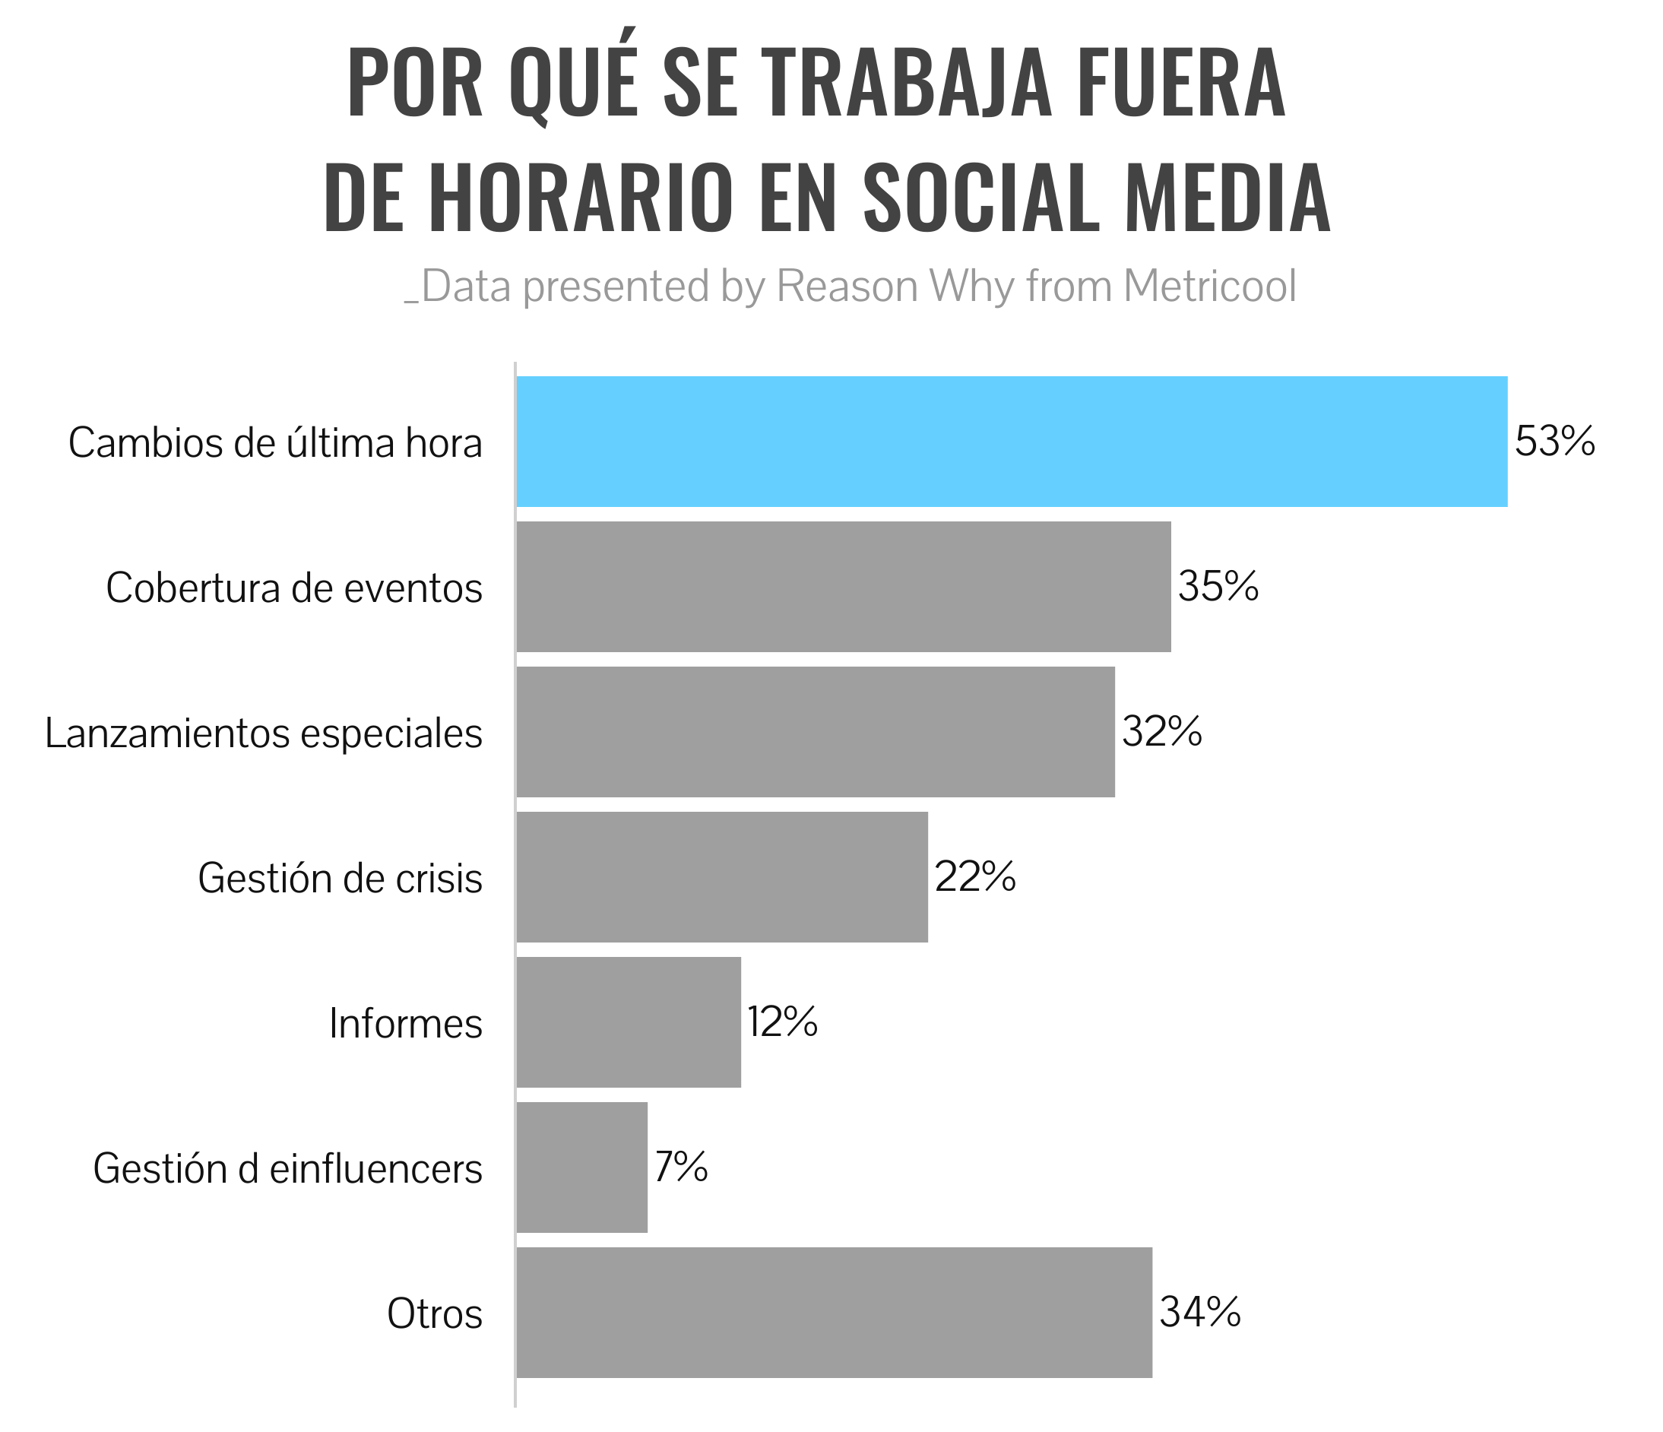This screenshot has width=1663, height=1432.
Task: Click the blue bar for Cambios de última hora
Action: (x=1012, y=442)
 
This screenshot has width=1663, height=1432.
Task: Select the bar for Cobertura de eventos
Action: (x=843, y=587)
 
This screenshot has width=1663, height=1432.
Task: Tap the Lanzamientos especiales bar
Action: (x=815, y=732)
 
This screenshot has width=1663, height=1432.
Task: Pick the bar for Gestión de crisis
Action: (x=721, y=877)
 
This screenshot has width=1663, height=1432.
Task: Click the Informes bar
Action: (x=628, y=1022)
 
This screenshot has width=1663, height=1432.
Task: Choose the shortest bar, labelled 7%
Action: (x=581, y=1168)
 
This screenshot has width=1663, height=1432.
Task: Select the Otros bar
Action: (x=833, y=1313)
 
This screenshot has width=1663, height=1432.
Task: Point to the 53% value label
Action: (x=1554, y=442)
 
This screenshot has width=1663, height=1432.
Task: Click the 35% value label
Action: (x=1218, y=587)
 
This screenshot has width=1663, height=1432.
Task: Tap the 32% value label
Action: (x=1161, y=732)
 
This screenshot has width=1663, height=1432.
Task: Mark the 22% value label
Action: (x=975, y=877)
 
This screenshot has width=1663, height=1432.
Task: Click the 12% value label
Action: (x=783, y=1022)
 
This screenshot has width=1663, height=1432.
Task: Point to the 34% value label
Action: (x=1200, y=1313)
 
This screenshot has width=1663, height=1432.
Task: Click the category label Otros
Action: (x=434, y=1315)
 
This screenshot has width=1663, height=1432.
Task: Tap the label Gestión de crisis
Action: (x=340, y=879)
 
